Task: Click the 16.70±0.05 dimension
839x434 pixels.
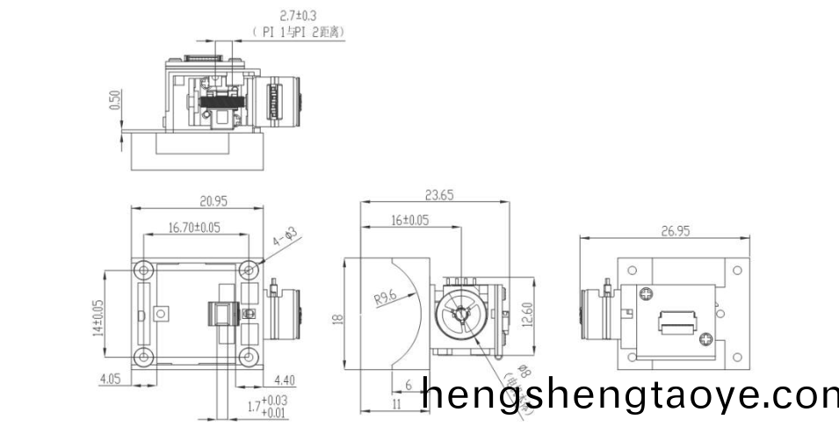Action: coord(194,228)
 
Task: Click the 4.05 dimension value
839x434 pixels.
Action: coord(109,380)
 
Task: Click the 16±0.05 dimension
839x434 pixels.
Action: coord(409,221)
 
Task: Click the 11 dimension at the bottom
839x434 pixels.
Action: coord(395,403)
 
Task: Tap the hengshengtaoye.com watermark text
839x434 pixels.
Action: coord(629,396)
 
